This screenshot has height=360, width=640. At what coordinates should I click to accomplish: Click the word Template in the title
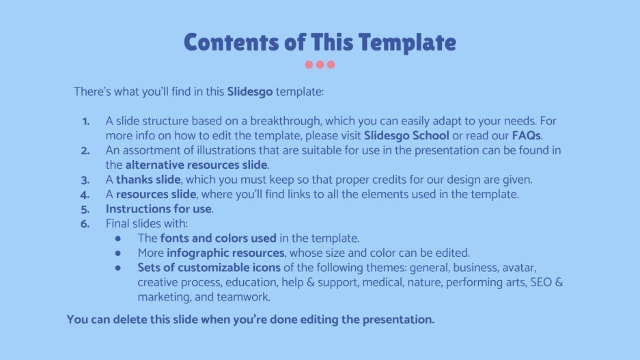tap(407, 42)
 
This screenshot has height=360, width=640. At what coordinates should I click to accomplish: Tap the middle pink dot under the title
tap(320, 65)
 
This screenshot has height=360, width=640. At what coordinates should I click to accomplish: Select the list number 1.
tap(85, 121)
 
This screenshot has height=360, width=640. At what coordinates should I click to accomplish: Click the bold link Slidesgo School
tap(406, 135)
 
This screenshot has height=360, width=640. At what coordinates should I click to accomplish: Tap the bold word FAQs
tap(526, 135)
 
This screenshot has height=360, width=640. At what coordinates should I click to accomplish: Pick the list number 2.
tap(85, 150)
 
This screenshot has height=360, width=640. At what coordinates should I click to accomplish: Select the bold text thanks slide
tap(148, 180)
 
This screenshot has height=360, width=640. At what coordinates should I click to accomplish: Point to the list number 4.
tap(85, 194)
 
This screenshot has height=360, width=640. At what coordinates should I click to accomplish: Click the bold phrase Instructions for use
tap(158, 209)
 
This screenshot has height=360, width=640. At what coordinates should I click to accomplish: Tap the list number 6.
tap(85, 223)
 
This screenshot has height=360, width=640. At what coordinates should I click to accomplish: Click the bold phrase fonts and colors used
tap(218, 238)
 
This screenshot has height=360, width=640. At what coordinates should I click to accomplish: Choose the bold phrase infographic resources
tap(225, 253)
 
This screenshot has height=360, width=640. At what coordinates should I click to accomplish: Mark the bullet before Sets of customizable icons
tap(118, 267)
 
